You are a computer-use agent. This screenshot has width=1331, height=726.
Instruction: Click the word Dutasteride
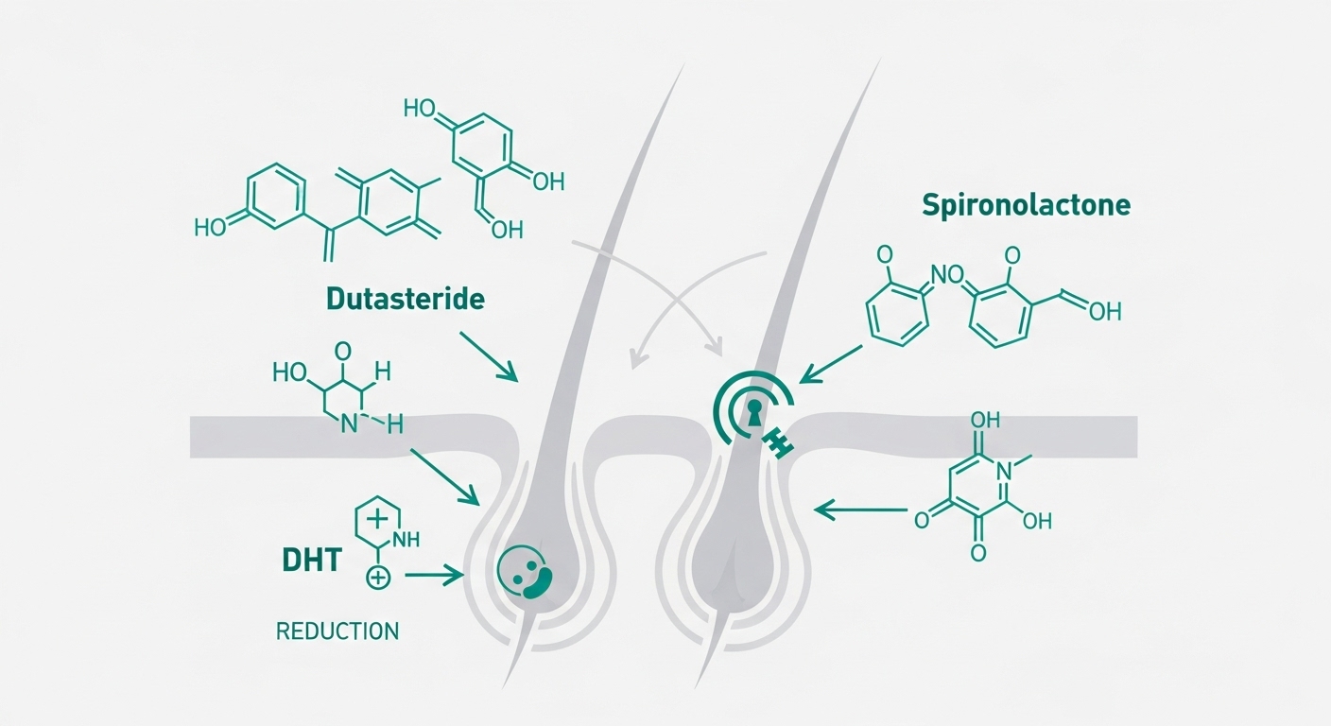point(405,300)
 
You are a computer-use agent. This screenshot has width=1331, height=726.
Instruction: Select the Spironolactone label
point(1027,205)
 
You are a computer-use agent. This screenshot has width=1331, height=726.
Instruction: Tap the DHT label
point(310,561)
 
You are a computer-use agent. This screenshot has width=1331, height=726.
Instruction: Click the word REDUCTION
point(337,631)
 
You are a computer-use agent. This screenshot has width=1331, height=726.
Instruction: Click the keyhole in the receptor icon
point(754,411)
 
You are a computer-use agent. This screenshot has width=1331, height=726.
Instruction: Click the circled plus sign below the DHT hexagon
point(376,578)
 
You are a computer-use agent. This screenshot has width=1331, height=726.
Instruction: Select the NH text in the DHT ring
point(405,541)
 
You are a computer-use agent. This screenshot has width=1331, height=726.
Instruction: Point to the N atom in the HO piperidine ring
point(349,423)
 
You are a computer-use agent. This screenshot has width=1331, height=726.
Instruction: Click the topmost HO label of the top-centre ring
point(422,109)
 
